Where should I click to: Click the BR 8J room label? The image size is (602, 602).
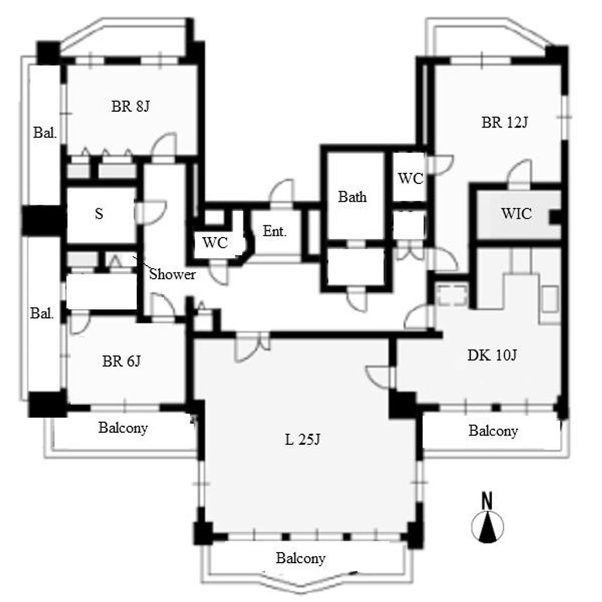click(130, 106)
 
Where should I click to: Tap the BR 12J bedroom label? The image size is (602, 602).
click(504, 122)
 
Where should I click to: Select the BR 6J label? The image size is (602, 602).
click(121, 362)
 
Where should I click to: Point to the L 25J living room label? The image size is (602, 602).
click(303, 440)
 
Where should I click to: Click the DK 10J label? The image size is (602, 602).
click(492, 355)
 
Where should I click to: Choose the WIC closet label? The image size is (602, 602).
click(516, 213)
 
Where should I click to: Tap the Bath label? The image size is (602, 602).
click(352, 197)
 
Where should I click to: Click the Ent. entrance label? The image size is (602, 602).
click(275, 231)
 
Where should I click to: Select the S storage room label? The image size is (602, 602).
click(99, 213)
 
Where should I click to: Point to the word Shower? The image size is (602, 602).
click(172, 274)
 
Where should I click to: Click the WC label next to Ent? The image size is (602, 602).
click(215, 243)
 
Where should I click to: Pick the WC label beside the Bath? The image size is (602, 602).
click(410, 179)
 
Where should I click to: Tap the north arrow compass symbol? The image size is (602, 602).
click(487, 527)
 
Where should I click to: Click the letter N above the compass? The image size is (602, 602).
click(487, 501)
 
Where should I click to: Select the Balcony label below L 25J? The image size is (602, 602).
click(300, 558)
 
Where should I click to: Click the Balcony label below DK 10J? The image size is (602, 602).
click(493, 431)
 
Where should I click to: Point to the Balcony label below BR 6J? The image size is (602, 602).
click(123, 428)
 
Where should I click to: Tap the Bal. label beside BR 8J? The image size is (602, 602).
click(45, 133)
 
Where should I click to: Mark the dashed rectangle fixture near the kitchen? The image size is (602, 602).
click(452, 296)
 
